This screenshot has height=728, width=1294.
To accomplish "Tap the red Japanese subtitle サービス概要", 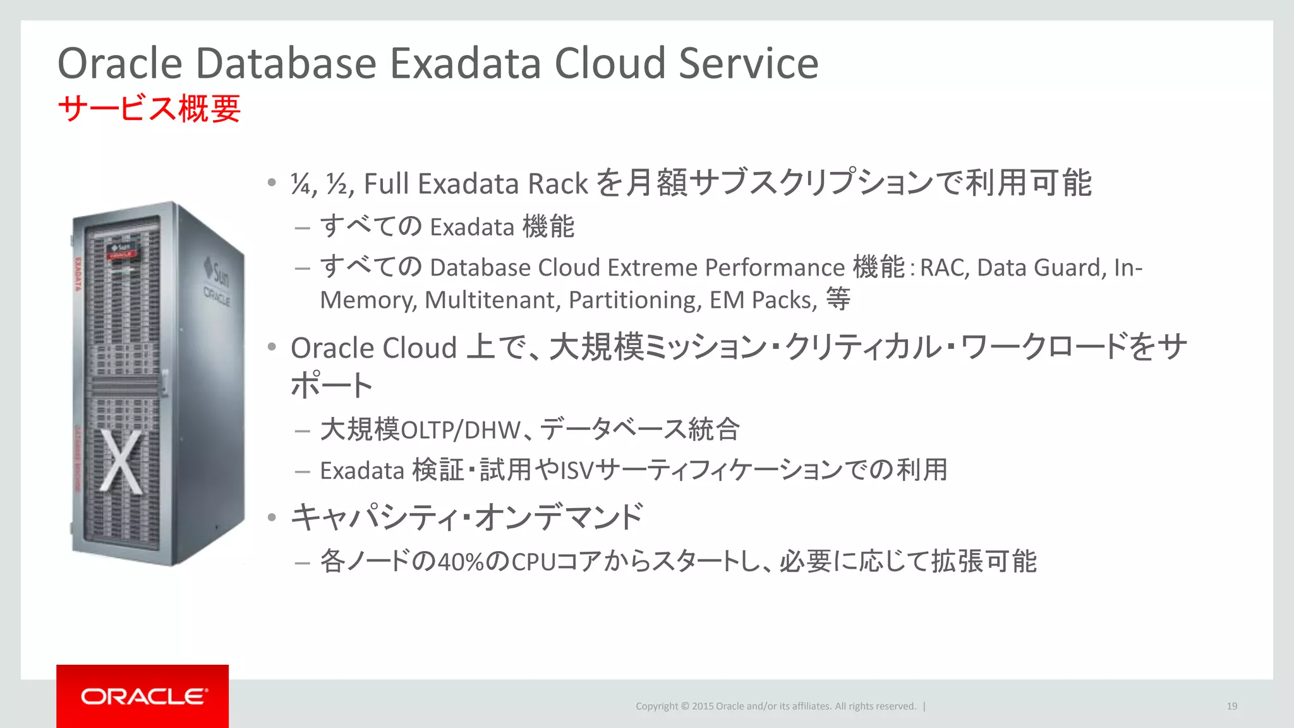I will [149, 109].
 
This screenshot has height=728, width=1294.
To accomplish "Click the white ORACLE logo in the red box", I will [143, 696].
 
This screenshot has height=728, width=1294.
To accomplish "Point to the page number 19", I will [1231, 707].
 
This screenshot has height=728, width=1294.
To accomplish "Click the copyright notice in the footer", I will [775, 707].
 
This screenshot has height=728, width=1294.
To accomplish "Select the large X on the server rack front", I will [121, 462].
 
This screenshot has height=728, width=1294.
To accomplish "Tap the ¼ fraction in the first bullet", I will [301, 185].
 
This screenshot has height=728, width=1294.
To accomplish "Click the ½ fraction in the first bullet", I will [337, 185].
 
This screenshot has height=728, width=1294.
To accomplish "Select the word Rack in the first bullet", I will [557, 185].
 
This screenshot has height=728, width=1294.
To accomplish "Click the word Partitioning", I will [634, 300].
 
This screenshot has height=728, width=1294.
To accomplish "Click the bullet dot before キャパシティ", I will [272, 518].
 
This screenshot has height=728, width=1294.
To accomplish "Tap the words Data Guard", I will [1041, 268].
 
